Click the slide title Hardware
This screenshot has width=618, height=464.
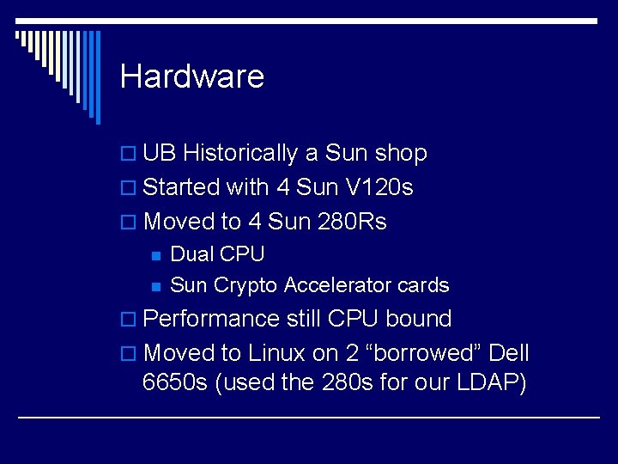(192, 76)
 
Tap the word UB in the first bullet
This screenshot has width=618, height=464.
(160, 153)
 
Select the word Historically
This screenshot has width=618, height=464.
(240, 153)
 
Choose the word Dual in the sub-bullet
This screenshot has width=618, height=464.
(192, 254)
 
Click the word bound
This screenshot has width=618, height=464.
(419, 319)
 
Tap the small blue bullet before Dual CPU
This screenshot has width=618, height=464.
(154, 255)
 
